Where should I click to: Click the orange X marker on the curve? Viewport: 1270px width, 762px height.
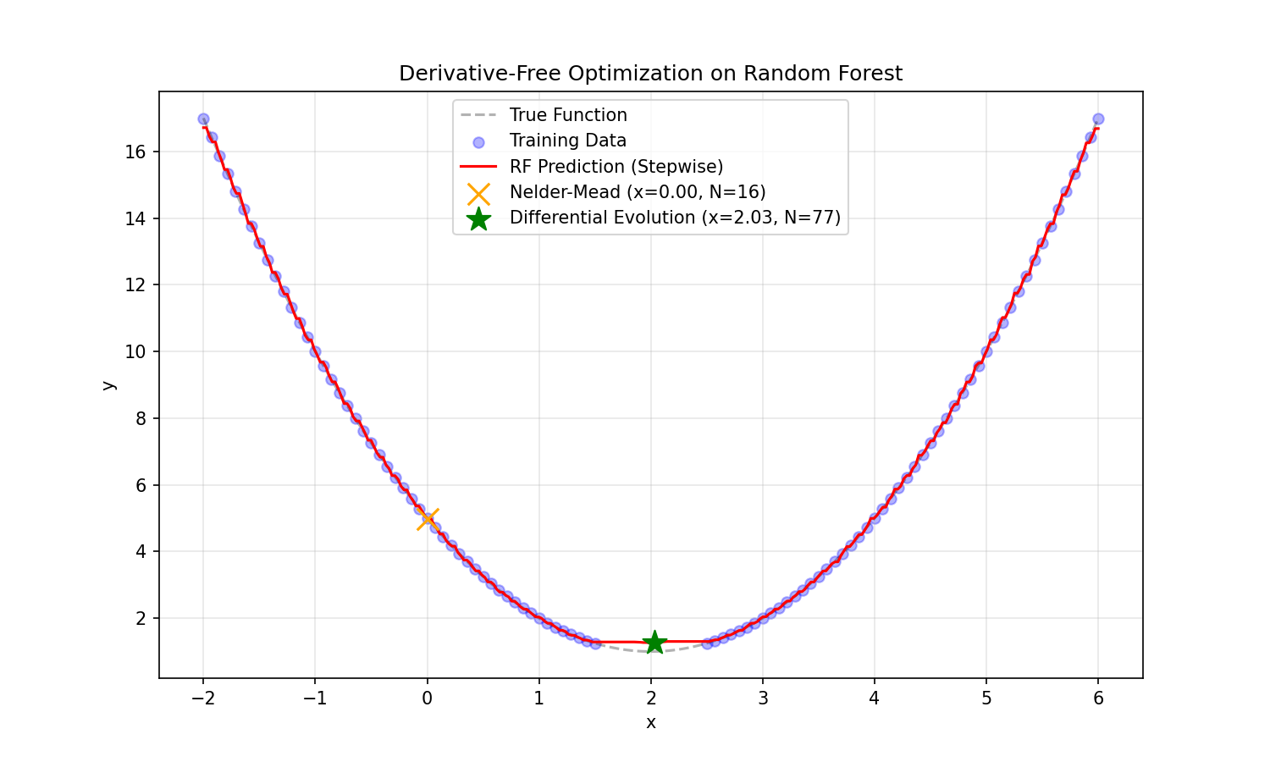[x=428, y=519]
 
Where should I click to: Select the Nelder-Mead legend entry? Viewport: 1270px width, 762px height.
[x=637, y=192]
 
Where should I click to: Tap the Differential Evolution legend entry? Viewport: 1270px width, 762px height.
[x=674, y=218]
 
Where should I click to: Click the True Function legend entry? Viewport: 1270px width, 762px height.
[x=567, y=115]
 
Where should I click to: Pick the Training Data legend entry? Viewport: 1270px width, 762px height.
[x=567, y=141]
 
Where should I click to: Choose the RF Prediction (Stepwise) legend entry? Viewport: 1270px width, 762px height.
[x=616, y=167]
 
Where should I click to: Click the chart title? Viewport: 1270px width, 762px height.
[x=650, y=74]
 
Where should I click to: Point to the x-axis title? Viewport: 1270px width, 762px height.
[x=650, y=722]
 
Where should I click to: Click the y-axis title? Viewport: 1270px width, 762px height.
[x=108, y=384]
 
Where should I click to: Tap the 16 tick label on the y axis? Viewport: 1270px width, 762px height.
[x=135, y=152]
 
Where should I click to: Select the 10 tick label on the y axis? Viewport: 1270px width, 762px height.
[x=135, y=352]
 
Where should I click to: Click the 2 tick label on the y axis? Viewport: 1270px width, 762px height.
[x=141, y=619]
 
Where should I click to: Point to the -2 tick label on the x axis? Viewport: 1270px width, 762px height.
[x=202, y=698]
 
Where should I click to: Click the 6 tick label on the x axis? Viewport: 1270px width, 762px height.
[x=1098, y=698]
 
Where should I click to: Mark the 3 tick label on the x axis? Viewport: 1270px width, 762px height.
[x=762, y=698]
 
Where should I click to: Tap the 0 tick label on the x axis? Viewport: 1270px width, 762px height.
[x=427, y=698]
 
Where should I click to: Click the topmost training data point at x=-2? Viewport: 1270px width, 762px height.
[x=203, y=119]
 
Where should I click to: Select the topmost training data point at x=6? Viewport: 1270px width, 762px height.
[x=1098, y=119]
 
